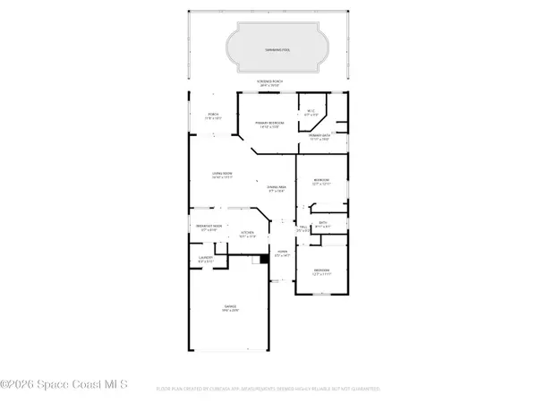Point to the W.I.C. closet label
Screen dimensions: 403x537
[311, 114]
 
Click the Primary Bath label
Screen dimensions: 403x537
[320, 137]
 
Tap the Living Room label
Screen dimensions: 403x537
[223, 176]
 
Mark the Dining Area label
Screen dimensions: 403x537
[275, 188]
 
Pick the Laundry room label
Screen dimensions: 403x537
[205, 261]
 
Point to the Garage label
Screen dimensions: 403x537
[230, 310]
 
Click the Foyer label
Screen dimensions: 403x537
[282, 254]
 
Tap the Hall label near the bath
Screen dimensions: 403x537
[304, 229]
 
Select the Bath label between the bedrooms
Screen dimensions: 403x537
[324, 225]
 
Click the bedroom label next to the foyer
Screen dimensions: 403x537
[321, 272]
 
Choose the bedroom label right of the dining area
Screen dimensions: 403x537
[321, 183]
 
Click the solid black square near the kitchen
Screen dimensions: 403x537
[264, 260]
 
